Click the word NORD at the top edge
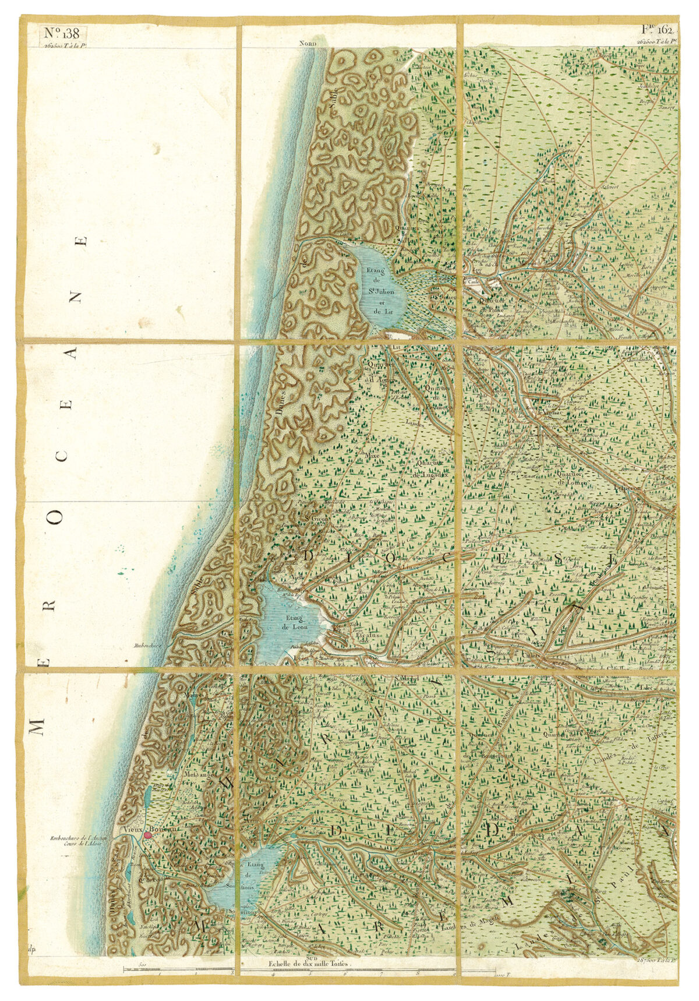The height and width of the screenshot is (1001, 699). click(307, 43)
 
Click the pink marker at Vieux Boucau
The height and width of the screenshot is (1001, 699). click(148, 834)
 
